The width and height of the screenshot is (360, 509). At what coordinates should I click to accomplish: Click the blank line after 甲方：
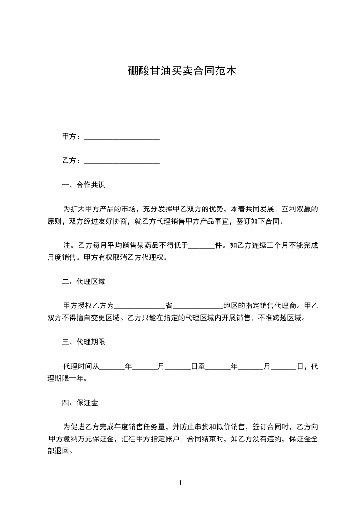122,137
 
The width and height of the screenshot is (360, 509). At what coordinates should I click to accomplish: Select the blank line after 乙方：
122,161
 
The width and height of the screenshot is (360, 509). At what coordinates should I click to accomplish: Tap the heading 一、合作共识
84,185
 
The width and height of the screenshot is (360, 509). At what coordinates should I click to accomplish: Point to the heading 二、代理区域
84,282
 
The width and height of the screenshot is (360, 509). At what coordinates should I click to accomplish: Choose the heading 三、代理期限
84,342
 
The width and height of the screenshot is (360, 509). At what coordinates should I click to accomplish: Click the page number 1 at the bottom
180,483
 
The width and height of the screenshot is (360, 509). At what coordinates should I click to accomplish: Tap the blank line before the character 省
139,306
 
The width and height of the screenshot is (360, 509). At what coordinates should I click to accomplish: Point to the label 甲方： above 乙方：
72,137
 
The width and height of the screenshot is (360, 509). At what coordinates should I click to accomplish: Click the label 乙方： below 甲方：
72,161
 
